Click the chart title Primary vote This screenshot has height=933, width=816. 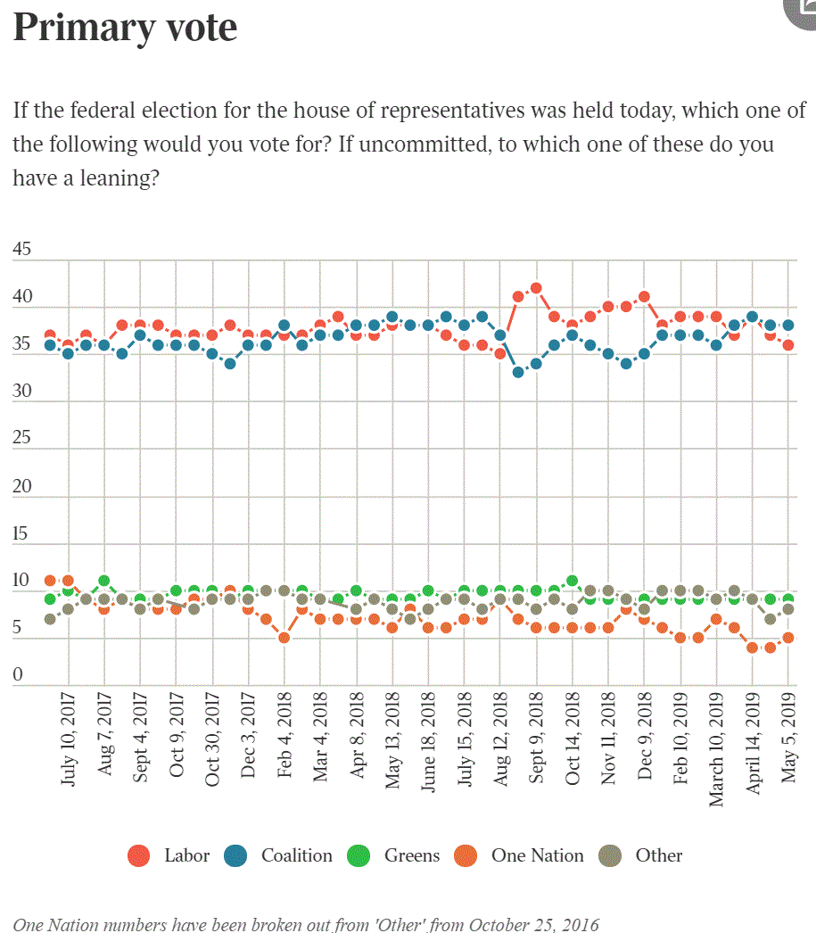(x=125, y=27)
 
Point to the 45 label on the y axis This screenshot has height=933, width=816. (x=21, y=249)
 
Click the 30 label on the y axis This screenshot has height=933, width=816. (x=21, y=391)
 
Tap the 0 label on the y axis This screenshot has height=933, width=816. (x=17, y=675)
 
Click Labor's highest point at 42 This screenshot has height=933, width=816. (x=536, y=288)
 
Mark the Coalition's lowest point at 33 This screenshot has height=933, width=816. (x=518, y=373)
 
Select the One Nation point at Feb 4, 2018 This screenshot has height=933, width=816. (x=284, y=638)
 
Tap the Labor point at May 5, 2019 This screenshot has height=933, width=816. (x=788, y=345)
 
